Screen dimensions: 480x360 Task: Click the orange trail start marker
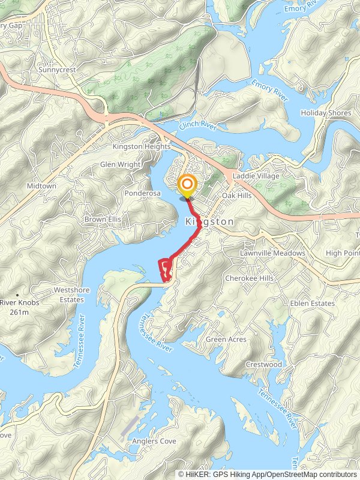tap(187, 185)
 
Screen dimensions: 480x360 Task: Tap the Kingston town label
tap(209, 221)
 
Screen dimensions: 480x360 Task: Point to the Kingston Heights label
tap(142, 146)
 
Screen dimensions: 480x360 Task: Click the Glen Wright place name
tap(120, 164)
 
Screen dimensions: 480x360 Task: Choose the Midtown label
tap(41, 186)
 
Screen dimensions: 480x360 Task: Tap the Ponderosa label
tap(142, 194)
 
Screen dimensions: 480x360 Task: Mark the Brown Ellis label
tap(103, 220)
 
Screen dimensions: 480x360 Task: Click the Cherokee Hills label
tap(249, 278)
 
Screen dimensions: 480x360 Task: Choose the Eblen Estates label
tap(312, 304)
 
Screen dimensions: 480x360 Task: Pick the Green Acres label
tap(226, 340)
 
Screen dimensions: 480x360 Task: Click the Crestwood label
tap(263, 365)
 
